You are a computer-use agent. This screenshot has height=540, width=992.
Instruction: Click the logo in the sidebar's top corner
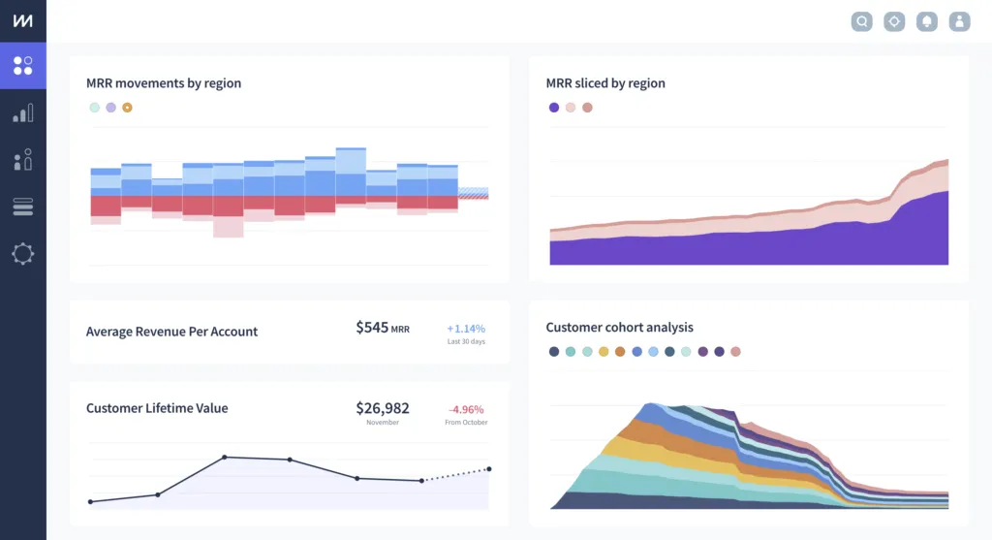22,21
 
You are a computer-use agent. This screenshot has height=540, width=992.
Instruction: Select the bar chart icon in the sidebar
22,113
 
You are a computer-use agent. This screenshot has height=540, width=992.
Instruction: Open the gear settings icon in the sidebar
22,254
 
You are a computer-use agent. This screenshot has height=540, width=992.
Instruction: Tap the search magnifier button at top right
861,21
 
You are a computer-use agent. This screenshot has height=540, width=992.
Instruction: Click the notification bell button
927,21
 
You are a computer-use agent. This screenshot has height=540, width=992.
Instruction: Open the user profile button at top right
959,21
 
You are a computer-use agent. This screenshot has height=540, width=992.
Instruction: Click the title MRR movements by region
164,83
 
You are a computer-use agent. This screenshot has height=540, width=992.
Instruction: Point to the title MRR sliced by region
605,83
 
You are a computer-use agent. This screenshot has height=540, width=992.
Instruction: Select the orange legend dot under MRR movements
127,108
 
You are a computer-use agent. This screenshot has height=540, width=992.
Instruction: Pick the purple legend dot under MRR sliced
554,108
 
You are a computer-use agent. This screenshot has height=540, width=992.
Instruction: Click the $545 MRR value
382,328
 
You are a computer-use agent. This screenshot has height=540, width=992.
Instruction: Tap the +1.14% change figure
466,329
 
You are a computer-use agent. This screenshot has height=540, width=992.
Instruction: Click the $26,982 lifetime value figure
382,408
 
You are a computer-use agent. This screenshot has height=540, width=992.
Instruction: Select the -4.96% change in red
466,409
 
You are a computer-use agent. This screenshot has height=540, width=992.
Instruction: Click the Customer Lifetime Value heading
157,408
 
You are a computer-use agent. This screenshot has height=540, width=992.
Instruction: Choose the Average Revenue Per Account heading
171,332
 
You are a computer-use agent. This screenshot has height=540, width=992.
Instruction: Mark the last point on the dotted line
488,469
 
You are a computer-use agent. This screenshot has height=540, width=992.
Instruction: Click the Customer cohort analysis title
619,328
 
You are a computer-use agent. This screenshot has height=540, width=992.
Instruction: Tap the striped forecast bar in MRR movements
473,193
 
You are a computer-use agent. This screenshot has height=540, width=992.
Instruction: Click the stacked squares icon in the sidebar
22,206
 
